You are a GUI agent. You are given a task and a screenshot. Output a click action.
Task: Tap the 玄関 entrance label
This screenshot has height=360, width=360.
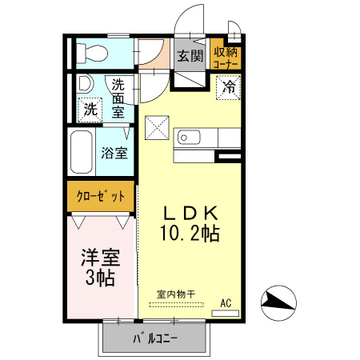coord(189,56)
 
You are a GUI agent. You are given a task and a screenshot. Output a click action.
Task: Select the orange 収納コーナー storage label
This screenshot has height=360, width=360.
coord(225,56)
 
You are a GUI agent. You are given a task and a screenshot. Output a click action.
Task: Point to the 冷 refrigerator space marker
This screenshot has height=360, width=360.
coord(229,87)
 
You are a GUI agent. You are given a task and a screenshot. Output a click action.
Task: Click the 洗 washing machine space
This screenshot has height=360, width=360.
coord(90,108)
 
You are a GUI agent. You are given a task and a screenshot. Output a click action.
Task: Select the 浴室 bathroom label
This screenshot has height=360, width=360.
coord(115,153)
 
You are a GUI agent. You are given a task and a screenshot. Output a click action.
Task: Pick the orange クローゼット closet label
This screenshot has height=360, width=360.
coord(99,196)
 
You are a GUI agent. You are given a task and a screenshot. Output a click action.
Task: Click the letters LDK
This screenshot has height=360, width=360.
coord(190,213)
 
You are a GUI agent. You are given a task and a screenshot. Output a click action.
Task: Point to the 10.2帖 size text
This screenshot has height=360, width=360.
coord(190,234)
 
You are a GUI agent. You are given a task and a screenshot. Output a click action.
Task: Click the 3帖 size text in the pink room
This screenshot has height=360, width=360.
coord(99,278)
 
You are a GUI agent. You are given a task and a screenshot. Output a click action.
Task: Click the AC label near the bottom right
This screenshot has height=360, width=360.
coord(226,303)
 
